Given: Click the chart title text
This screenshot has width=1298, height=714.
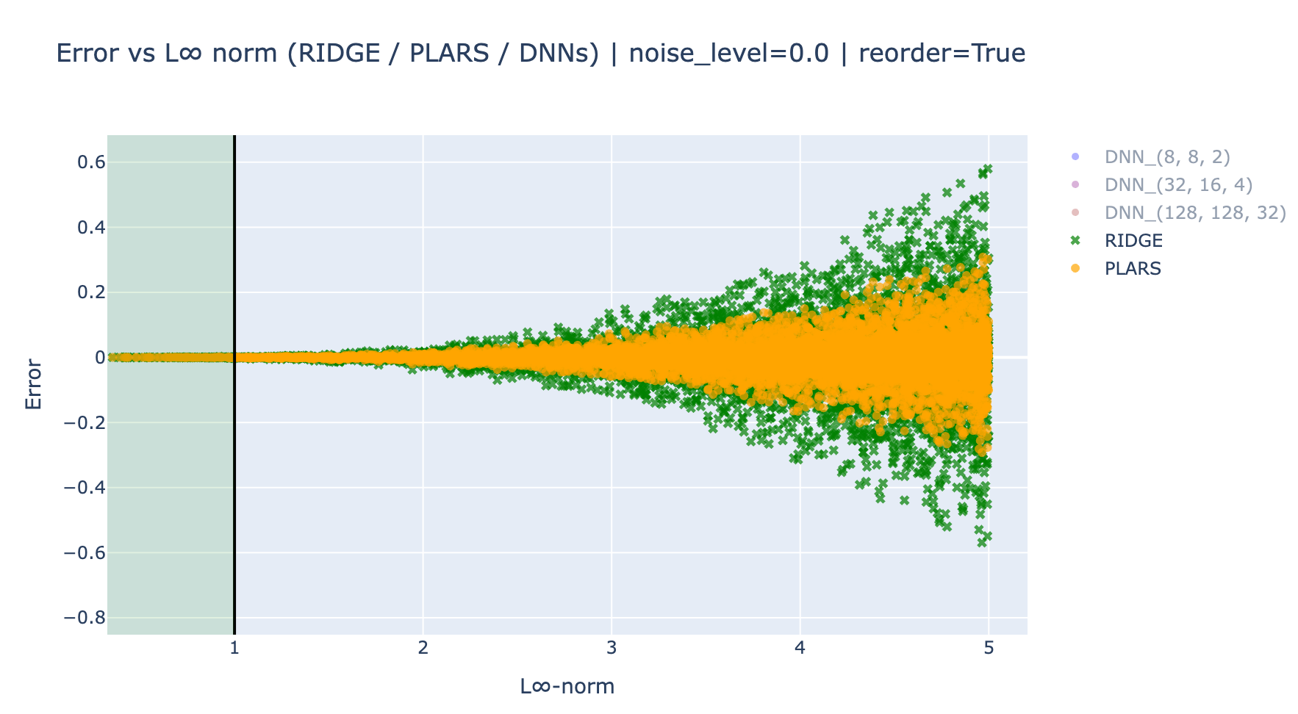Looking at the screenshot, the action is (540, 54).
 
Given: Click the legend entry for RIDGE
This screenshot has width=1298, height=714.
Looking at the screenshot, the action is (1133, 241).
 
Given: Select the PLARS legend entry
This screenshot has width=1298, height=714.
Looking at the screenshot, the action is (1133, 269).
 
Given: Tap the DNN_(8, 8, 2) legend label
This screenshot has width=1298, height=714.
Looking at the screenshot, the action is (1167, 156).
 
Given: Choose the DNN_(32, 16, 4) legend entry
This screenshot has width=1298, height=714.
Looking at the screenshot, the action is (1178, 184).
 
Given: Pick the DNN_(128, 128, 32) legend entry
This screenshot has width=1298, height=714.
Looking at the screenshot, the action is (1195, 213).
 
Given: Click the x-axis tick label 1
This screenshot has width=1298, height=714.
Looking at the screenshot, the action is (234, 648).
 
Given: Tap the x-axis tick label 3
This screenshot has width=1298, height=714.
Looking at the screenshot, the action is (612, 648).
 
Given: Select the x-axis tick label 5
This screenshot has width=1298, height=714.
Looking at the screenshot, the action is (989, 648).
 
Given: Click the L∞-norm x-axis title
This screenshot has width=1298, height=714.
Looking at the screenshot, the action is (567, 686).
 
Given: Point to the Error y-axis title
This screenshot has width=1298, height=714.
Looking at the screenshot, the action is (34, 384).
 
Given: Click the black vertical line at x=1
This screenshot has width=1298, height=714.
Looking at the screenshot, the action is (234, 385).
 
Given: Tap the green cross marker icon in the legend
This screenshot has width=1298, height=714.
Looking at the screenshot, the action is (1075, 241).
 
